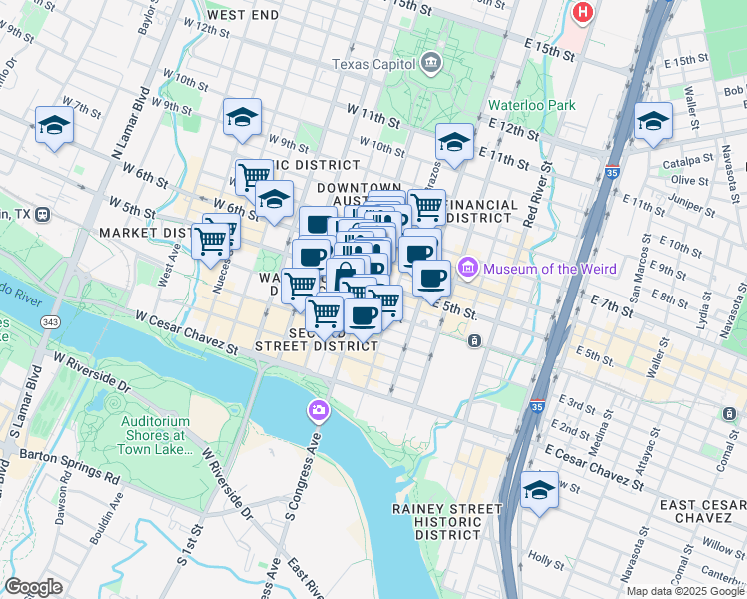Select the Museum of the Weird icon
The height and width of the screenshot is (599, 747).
point(467,269)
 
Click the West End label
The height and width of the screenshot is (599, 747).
point(243,16)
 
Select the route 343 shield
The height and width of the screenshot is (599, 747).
point(50,321)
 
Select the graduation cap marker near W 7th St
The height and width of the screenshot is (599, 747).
point(53,125)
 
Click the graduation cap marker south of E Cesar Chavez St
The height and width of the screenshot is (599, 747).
point(539,490)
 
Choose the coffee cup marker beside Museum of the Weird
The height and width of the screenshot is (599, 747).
point(431,278)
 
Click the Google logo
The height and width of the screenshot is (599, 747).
point(33,587)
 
